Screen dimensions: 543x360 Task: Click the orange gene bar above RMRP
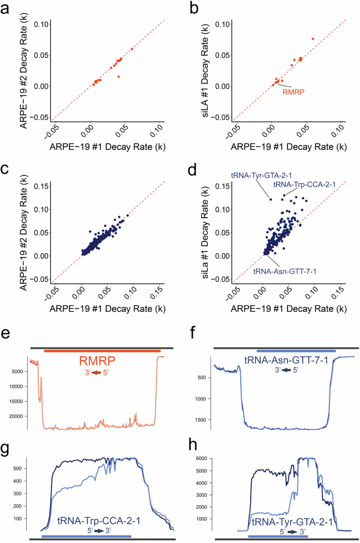[x=102, y=351]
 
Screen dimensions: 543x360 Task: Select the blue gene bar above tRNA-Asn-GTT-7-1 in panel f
[x=296, y=351]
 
